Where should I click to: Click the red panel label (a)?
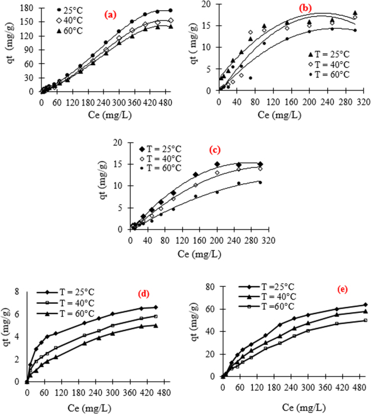tap(121, 16)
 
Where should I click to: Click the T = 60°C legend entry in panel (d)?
tap(72, 313)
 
